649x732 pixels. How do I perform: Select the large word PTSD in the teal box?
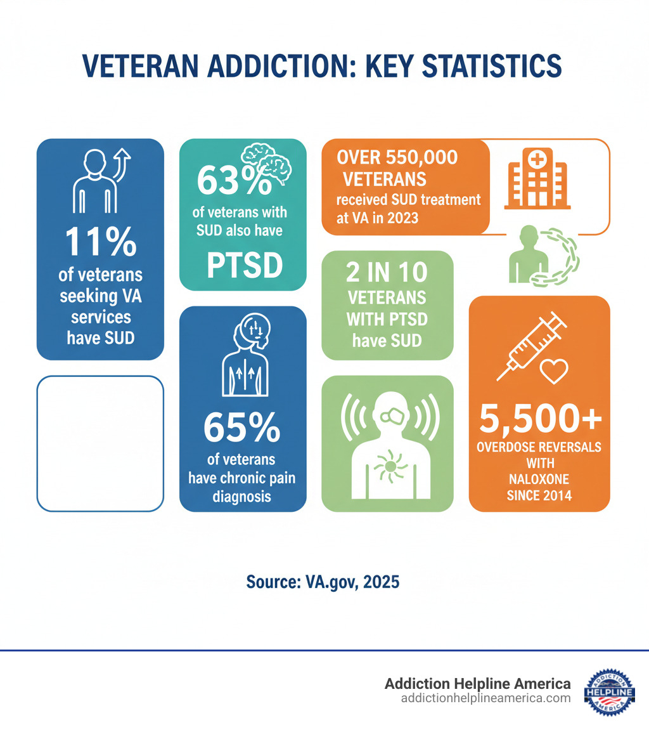[245, 266]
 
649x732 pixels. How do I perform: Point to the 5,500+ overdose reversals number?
[539, 419]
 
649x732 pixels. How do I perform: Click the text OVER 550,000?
[398, 157]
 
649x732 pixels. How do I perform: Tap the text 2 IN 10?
[387, 272]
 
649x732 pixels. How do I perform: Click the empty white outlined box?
[100, 443]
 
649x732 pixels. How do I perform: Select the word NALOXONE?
[539, 479]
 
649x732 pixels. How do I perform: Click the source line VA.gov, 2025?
[323, 581]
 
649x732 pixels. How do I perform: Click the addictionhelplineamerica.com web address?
[485, 698]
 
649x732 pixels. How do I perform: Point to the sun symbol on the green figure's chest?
[387, 466]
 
